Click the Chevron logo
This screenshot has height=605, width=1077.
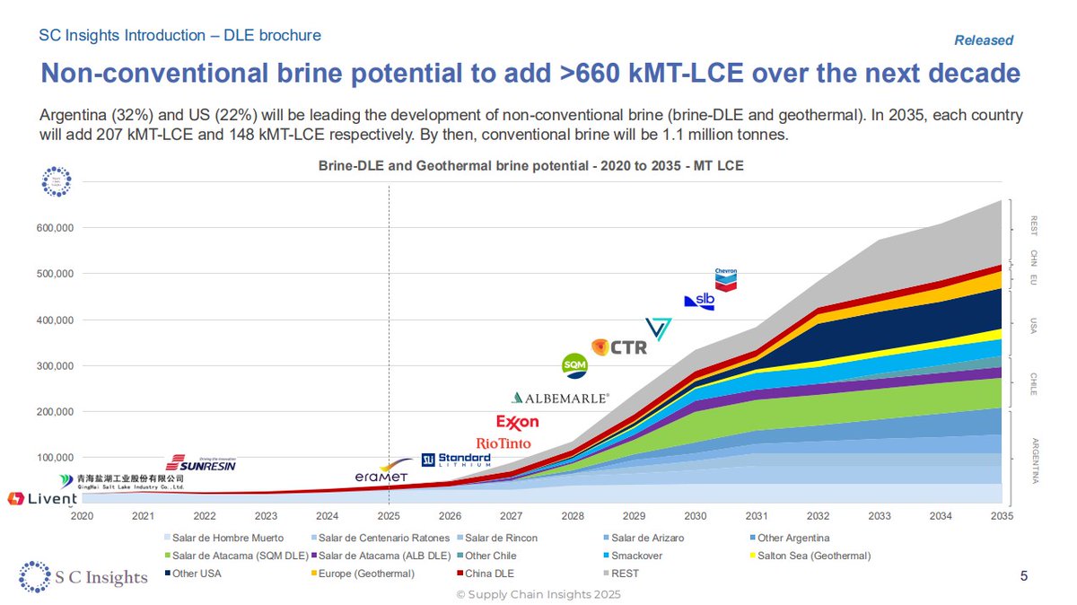[x=725, y=278]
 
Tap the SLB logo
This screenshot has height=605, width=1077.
[x=698, y=302]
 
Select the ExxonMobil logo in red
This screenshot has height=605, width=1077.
[x=517, y=422]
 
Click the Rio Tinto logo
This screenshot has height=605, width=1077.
[x=503, y=443]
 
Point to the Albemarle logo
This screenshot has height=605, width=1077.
[x=560, y=397]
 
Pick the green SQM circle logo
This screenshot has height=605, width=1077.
[x=574, y=365]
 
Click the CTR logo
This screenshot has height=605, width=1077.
[x=619, y=346]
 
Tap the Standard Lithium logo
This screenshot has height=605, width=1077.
[x=456, y=460]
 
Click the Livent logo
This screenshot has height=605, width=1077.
[x=41, y=498]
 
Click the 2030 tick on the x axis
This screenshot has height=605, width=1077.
[x=695, y=516]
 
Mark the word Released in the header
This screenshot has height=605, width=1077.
[x=983, y=40]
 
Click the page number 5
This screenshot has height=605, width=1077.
[x=1024, y=575]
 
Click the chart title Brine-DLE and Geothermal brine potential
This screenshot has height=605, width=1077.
[x=531, y=166]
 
